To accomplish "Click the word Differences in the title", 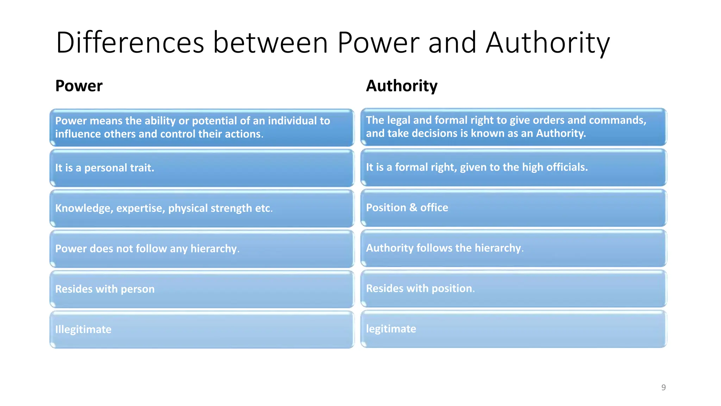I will click(130, 43).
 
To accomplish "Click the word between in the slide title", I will click(270, 43).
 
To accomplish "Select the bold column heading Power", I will click(79, 86).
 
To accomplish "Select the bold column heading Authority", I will click(402, 86).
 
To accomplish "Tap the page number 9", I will click(663, 387).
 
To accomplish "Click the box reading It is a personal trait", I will click(202, 168).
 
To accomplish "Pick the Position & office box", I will click(513, 208).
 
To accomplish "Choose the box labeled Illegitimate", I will click(202, 330).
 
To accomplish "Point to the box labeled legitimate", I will click(513, 329).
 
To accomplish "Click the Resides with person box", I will click(202, 289).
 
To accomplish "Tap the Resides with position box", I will click(513, 288).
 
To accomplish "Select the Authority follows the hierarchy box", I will click(513, 248).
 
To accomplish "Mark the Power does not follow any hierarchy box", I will click(202, 249).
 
